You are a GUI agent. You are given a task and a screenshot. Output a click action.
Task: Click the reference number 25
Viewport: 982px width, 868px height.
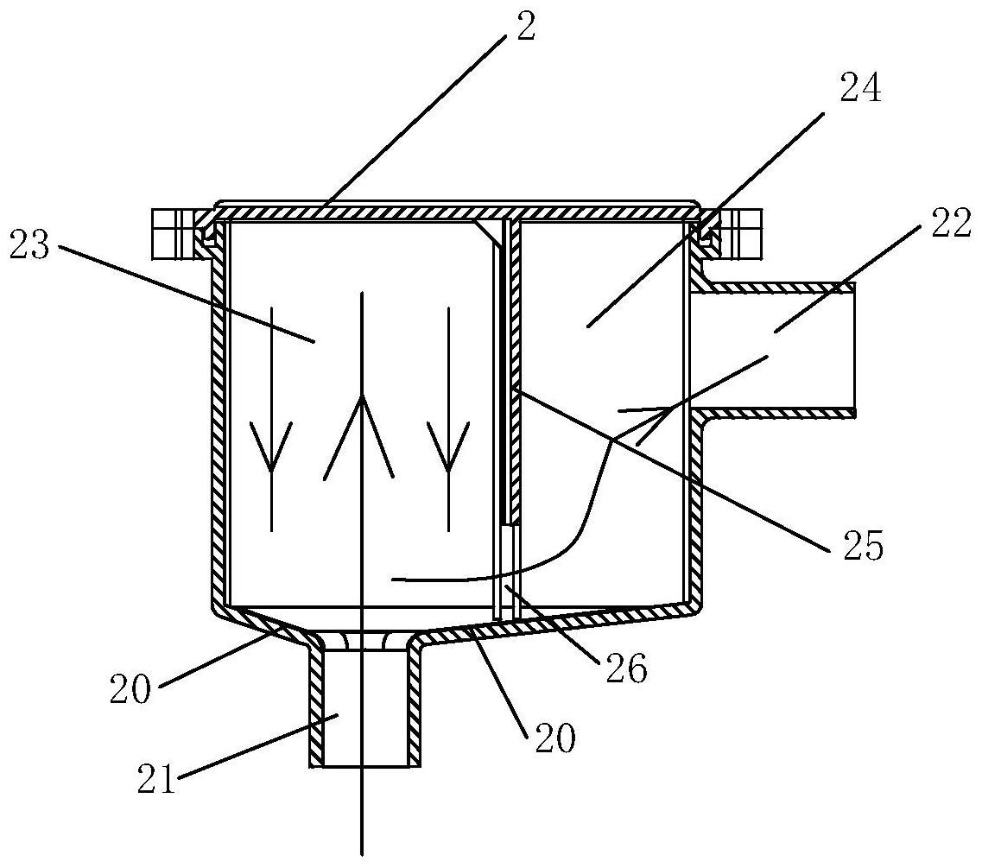859,546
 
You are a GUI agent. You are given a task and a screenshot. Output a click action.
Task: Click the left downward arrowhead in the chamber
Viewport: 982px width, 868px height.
271,449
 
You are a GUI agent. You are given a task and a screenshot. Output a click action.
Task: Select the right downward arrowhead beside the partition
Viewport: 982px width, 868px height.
448,449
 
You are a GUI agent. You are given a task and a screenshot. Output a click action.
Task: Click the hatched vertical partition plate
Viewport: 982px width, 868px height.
514,371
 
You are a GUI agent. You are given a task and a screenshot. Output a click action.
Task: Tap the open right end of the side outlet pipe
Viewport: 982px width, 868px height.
853,350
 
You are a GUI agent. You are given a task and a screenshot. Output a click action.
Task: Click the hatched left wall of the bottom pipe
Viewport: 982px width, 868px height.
315,708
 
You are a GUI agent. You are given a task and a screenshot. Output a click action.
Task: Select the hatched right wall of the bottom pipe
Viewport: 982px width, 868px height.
414,708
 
